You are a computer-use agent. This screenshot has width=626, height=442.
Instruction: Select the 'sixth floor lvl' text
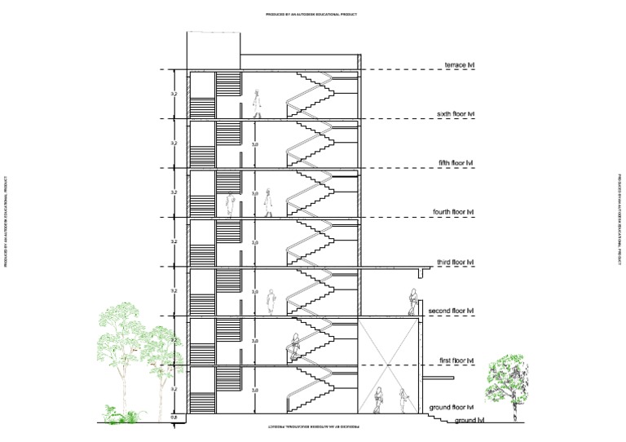pyautogui.click(x=456, y=114)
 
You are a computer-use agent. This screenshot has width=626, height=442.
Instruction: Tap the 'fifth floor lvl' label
pyautogui.click(x=456, y=163)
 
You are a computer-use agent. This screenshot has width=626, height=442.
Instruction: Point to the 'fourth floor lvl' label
pyautogui.click(x=452, y=212)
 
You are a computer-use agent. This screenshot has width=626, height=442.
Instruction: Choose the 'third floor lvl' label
pyautogui.click(x=455, y=262)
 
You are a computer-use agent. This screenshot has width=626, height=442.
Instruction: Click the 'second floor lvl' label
pyautogui.click(x=452, y=311)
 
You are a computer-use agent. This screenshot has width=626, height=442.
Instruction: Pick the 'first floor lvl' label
pyautogui.click(x=456, y=360)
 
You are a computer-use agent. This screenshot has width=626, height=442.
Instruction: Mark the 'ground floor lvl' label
pyautogui.click(x=452, y=406)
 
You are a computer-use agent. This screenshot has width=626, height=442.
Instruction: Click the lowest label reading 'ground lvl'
pyautogui.click(x=469, y=420)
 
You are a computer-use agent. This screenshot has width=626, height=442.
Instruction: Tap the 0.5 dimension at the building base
pyautogui.click(x=173, y=418)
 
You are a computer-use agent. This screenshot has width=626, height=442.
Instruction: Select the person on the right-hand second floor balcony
pyautogui.click(x=413, y=303)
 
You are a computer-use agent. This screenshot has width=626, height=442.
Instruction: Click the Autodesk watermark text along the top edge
pyautogui.click(x=312, y=15)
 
